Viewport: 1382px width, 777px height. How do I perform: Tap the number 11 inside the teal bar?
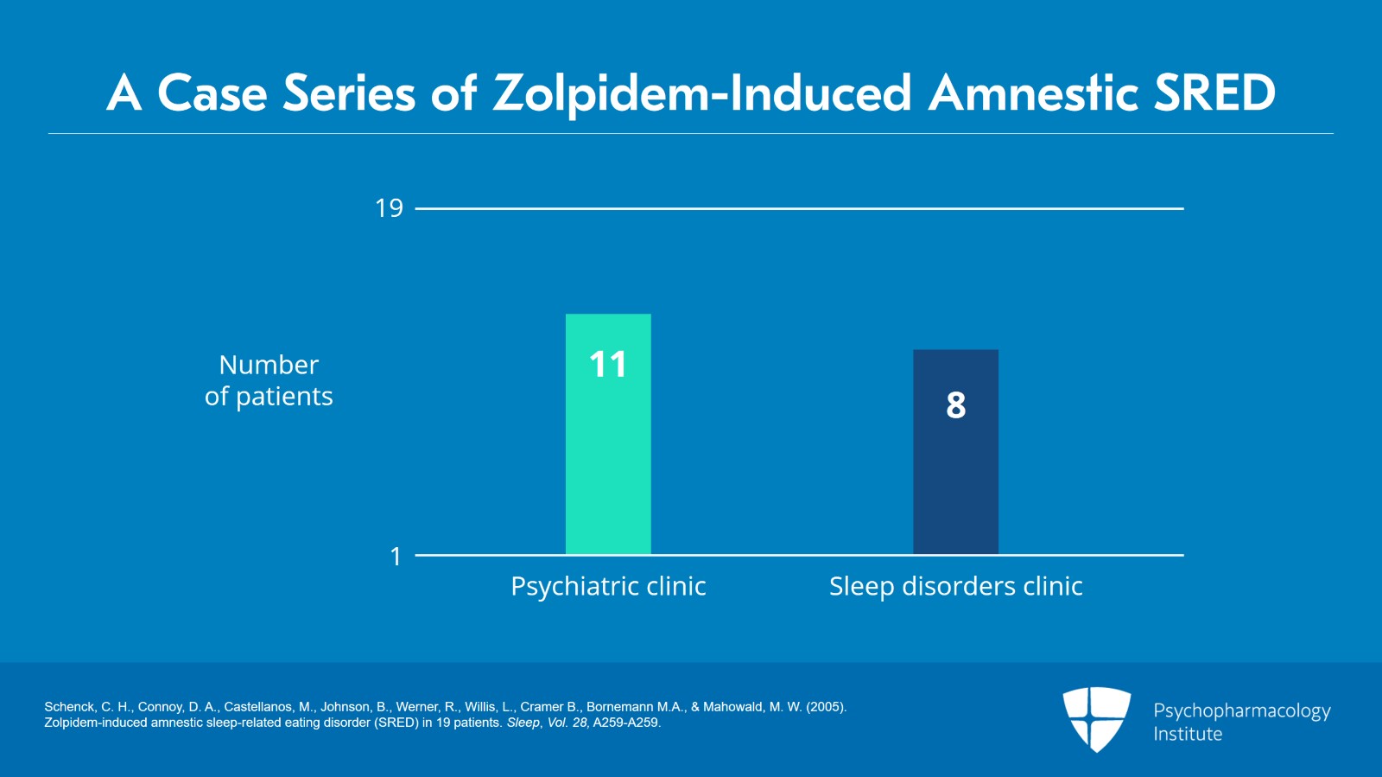pos(608,365)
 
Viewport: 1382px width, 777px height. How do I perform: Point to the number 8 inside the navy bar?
pos(955,405)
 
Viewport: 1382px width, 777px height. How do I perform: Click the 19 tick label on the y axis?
pos(389,208)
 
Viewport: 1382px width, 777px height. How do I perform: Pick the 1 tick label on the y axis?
pos(396,557)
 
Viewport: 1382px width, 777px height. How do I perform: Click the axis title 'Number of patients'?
pos(269,380)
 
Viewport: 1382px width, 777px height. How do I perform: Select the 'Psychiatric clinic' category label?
pos(608,587)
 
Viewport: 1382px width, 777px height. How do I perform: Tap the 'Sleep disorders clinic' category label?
pos(955,587)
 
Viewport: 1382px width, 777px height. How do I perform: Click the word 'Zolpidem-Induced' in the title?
pos(701,93)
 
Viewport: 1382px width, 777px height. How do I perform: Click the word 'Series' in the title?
pos(350,93)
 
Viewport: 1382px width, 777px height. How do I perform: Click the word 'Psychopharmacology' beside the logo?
pos(1241,711)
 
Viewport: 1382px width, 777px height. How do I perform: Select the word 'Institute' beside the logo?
pos(1188,735)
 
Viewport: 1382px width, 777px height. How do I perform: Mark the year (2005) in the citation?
pos(826,707)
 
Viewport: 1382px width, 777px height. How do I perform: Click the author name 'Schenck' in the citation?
pos(69,707)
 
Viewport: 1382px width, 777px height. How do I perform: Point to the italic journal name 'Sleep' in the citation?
pos(523,723)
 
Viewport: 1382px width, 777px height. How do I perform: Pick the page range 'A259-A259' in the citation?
pos(625,723)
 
